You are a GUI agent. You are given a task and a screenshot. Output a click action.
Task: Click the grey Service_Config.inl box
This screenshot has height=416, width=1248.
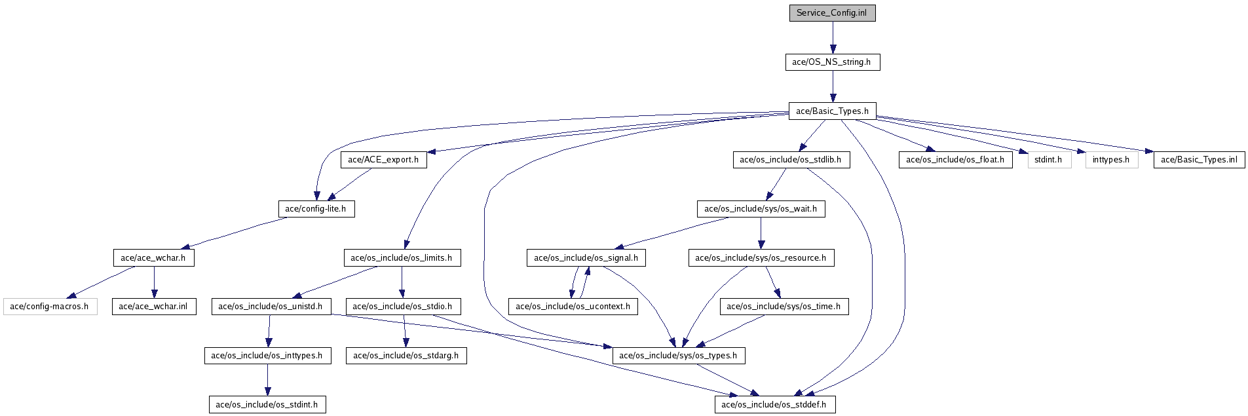click(x=832, y=13)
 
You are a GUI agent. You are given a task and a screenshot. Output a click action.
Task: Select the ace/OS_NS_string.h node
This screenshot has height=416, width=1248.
click(x=832, y=62)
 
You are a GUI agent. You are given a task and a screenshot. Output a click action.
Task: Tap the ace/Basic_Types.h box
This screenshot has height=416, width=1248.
click(x=832, y=111)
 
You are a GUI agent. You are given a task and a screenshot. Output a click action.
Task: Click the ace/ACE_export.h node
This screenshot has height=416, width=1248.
click(x=383, y=160)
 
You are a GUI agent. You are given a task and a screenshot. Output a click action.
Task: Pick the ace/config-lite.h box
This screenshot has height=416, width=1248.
click(x=316, y=209)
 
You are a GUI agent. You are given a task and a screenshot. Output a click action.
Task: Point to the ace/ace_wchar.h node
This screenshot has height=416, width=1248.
click(x=153, y=257)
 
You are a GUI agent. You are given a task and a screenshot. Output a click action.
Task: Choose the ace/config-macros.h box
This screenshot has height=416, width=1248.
click(x=50, y=307)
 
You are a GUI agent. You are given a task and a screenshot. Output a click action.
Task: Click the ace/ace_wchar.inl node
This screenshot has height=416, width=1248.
click(x=153, y=307)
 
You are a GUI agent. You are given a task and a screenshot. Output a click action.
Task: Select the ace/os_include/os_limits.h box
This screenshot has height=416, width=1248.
click(x=402, y=257)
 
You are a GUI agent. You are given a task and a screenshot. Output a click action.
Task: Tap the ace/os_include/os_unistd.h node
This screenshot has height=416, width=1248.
click(x=271, y=307)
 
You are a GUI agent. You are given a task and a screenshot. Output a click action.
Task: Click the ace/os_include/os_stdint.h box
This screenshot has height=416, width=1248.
click(x=267, y=405)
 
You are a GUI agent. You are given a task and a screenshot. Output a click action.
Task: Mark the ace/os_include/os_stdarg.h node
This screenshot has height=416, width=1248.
click(x=406, y=356)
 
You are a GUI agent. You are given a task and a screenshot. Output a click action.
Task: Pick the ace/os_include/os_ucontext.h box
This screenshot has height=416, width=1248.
click(x=573, y=307)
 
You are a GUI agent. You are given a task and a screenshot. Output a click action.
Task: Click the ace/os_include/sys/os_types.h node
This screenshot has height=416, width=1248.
click(x=678, y=356)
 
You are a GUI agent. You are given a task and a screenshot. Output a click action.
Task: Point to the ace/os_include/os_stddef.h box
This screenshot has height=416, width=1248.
click(x=774, y=405)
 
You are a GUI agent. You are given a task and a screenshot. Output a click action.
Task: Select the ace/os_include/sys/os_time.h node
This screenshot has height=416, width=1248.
click(x=784, y=307)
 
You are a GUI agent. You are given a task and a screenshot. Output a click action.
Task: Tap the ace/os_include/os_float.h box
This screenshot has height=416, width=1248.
click(x=955, y=160)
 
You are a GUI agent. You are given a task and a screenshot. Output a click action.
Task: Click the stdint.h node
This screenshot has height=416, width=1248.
click(x=1049, y=160)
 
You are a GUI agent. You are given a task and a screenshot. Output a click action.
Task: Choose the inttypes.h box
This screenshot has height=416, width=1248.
click(x=1111, y=160)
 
